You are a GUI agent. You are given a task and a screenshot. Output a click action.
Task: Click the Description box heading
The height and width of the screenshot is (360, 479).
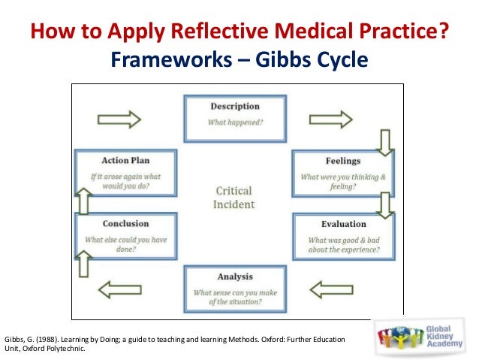click(235, 107)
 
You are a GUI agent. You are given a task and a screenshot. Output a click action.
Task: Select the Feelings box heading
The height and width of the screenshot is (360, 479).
click(342, 161)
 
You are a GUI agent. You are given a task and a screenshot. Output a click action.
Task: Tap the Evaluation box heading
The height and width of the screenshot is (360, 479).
click(343, 224)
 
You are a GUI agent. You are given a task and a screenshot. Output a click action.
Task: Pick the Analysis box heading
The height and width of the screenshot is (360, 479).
click(235, 276)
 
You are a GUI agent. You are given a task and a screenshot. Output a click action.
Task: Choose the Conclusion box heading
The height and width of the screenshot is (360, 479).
click(126, 224)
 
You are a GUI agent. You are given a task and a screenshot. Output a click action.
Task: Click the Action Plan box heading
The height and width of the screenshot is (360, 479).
click(126, 161)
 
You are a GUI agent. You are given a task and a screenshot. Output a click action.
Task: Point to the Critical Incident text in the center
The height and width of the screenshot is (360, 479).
click(234, 198)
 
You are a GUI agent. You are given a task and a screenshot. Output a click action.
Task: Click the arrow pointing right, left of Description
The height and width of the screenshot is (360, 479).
click(119, 118)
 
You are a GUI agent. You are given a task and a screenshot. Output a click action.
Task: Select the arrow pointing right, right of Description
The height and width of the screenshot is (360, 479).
click(331, 118)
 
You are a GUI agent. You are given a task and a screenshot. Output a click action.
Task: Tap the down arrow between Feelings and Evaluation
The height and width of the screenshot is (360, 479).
click(384, 203)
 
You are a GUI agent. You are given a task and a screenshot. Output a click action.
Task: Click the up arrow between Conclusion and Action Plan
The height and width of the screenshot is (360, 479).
click(84, 201)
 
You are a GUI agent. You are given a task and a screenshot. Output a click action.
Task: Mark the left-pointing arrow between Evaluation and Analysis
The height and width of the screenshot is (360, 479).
click(331, 288)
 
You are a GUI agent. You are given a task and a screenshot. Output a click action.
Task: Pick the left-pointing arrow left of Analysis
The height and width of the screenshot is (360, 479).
click(119, 288)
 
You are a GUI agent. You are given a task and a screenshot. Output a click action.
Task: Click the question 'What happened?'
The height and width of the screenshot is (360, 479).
click(235, 122)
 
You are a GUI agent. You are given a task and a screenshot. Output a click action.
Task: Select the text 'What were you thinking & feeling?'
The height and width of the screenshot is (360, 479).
click(342, 181)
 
